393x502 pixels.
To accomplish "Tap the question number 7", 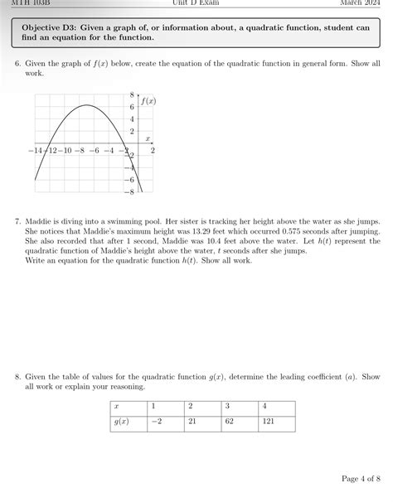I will (17, 222).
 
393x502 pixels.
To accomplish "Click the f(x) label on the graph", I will (148, 101).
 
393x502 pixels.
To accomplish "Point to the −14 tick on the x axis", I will (35, 151).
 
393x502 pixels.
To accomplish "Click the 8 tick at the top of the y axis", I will (131, 95).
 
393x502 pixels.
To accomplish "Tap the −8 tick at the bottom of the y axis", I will (129, 191).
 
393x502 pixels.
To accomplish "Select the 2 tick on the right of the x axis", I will (153, 151).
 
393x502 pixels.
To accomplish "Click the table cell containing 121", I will (268, 422).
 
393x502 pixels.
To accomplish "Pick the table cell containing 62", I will (228, 422).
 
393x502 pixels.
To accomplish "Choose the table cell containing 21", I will (192, 422).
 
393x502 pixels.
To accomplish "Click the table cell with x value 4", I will (265, 406).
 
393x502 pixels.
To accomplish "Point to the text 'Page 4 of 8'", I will (359, 478).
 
